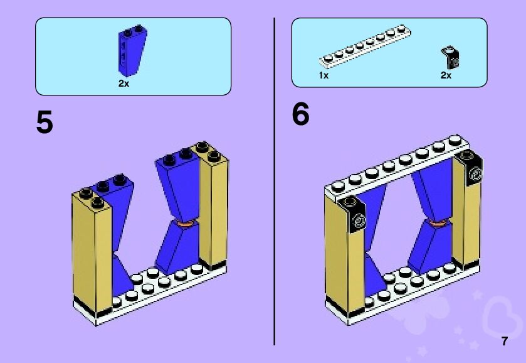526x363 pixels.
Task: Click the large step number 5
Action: click(x=45, y=122)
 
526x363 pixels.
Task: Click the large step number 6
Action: click(x=300, y=114)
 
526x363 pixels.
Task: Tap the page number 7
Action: click(x=505, y=341)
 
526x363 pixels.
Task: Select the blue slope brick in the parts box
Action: click(x=132, y=50)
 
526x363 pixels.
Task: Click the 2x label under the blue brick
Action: click(x=124, y=84)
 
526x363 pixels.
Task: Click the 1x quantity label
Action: click(x=323, y=75)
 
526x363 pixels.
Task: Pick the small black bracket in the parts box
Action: click(x=450, y=58)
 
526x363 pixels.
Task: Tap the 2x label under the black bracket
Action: click(x=446, y=75)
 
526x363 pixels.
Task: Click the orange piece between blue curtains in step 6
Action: click(x=436, y=222)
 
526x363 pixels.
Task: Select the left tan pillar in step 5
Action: click(x=92, y=252)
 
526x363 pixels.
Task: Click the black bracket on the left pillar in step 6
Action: click(x=352, y=215)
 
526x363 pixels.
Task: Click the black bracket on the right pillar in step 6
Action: click(x=471, y=168)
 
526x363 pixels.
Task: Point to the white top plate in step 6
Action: click(x=396, y=166)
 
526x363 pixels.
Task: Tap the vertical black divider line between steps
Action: click(x=275, y=181)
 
